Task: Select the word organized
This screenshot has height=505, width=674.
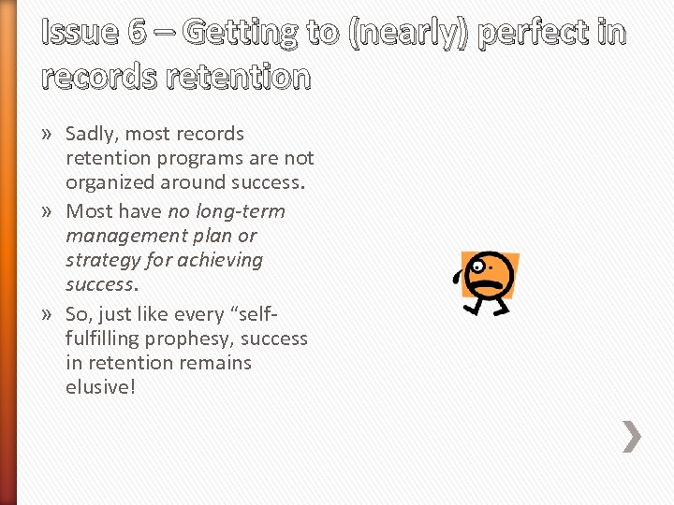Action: (110, 182)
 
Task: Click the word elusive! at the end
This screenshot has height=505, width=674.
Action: (101, 386)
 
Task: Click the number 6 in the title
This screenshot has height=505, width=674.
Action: (138, 33)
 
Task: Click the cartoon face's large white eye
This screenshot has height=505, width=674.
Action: (478, 267)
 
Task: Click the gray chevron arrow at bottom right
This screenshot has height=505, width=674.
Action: (633, 436)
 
